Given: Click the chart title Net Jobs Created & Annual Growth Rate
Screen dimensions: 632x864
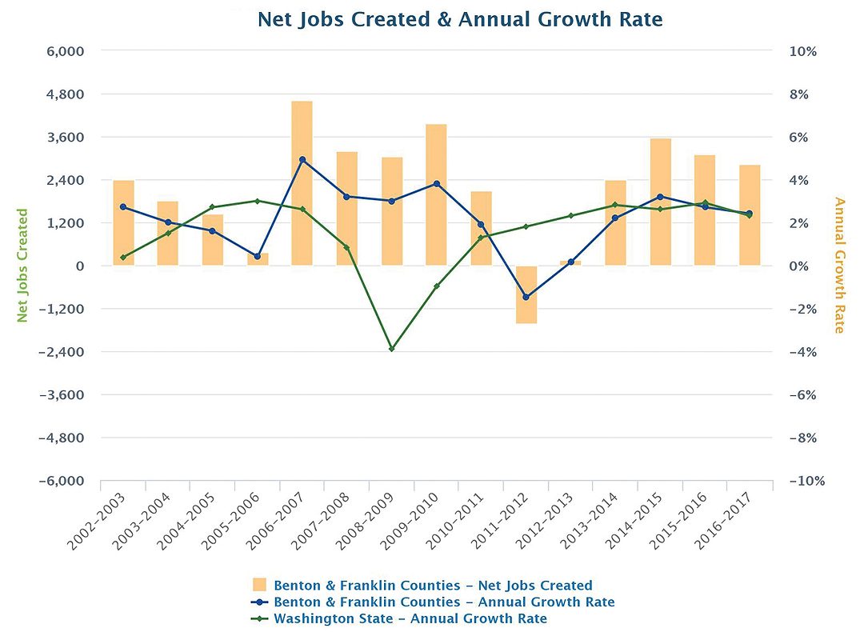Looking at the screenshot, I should click(460, 19).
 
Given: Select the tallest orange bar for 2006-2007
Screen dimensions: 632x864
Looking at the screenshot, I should click(302, 183).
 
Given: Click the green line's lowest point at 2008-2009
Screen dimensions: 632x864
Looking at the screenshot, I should click(391, 349).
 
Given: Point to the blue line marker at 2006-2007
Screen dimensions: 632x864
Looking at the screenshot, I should click(302, 159).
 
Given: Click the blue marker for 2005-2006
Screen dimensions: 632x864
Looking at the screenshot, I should click(257, 256).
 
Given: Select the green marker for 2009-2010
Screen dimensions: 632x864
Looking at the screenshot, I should click(436, 286).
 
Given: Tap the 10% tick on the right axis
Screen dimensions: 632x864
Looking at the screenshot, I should click(803, 51).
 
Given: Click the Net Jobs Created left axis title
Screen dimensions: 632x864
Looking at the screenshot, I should click(22, 266).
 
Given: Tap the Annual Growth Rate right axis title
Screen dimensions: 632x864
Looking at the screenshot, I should click(839, 266).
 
